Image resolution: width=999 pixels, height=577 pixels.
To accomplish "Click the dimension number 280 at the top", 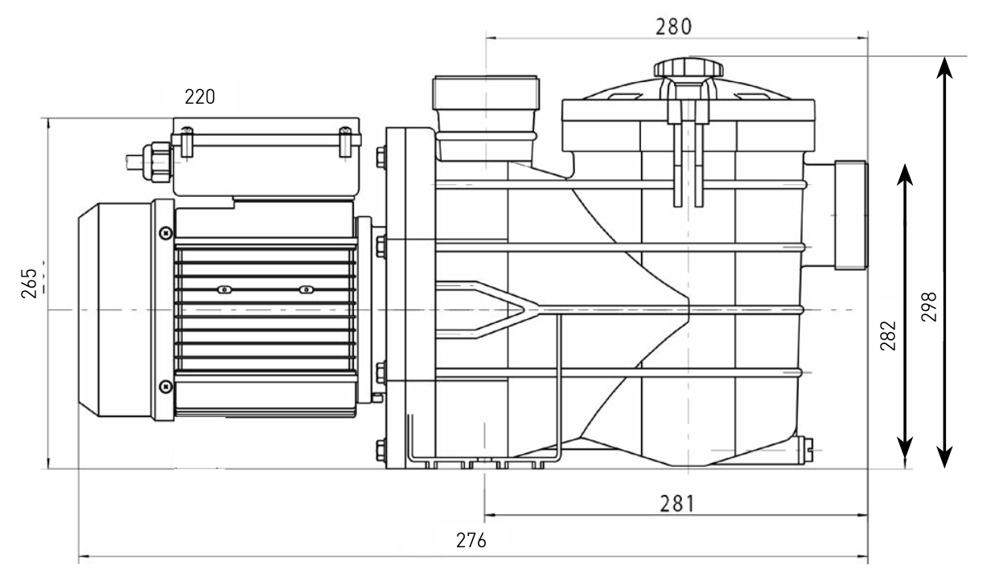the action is (673, 27).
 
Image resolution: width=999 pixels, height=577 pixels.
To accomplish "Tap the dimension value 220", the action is (199, 96).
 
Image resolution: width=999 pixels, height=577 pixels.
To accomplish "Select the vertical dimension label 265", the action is (30, 283).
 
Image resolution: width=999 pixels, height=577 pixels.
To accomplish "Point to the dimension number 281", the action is (677, 504).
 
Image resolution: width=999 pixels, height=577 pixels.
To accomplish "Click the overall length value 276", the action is (471, 541).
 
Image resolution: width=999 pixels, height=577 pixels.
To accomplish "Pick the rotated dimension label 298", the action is (929, 307).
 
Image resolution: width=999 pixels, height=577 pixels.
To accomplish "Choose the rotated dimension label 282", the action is (888, 336).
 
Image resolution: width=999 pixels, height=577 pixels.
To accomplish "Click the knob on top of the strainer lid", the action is (689, 68).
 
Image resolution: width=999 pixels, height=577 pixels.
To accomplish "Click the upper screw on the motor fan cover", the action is (166, 232).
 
